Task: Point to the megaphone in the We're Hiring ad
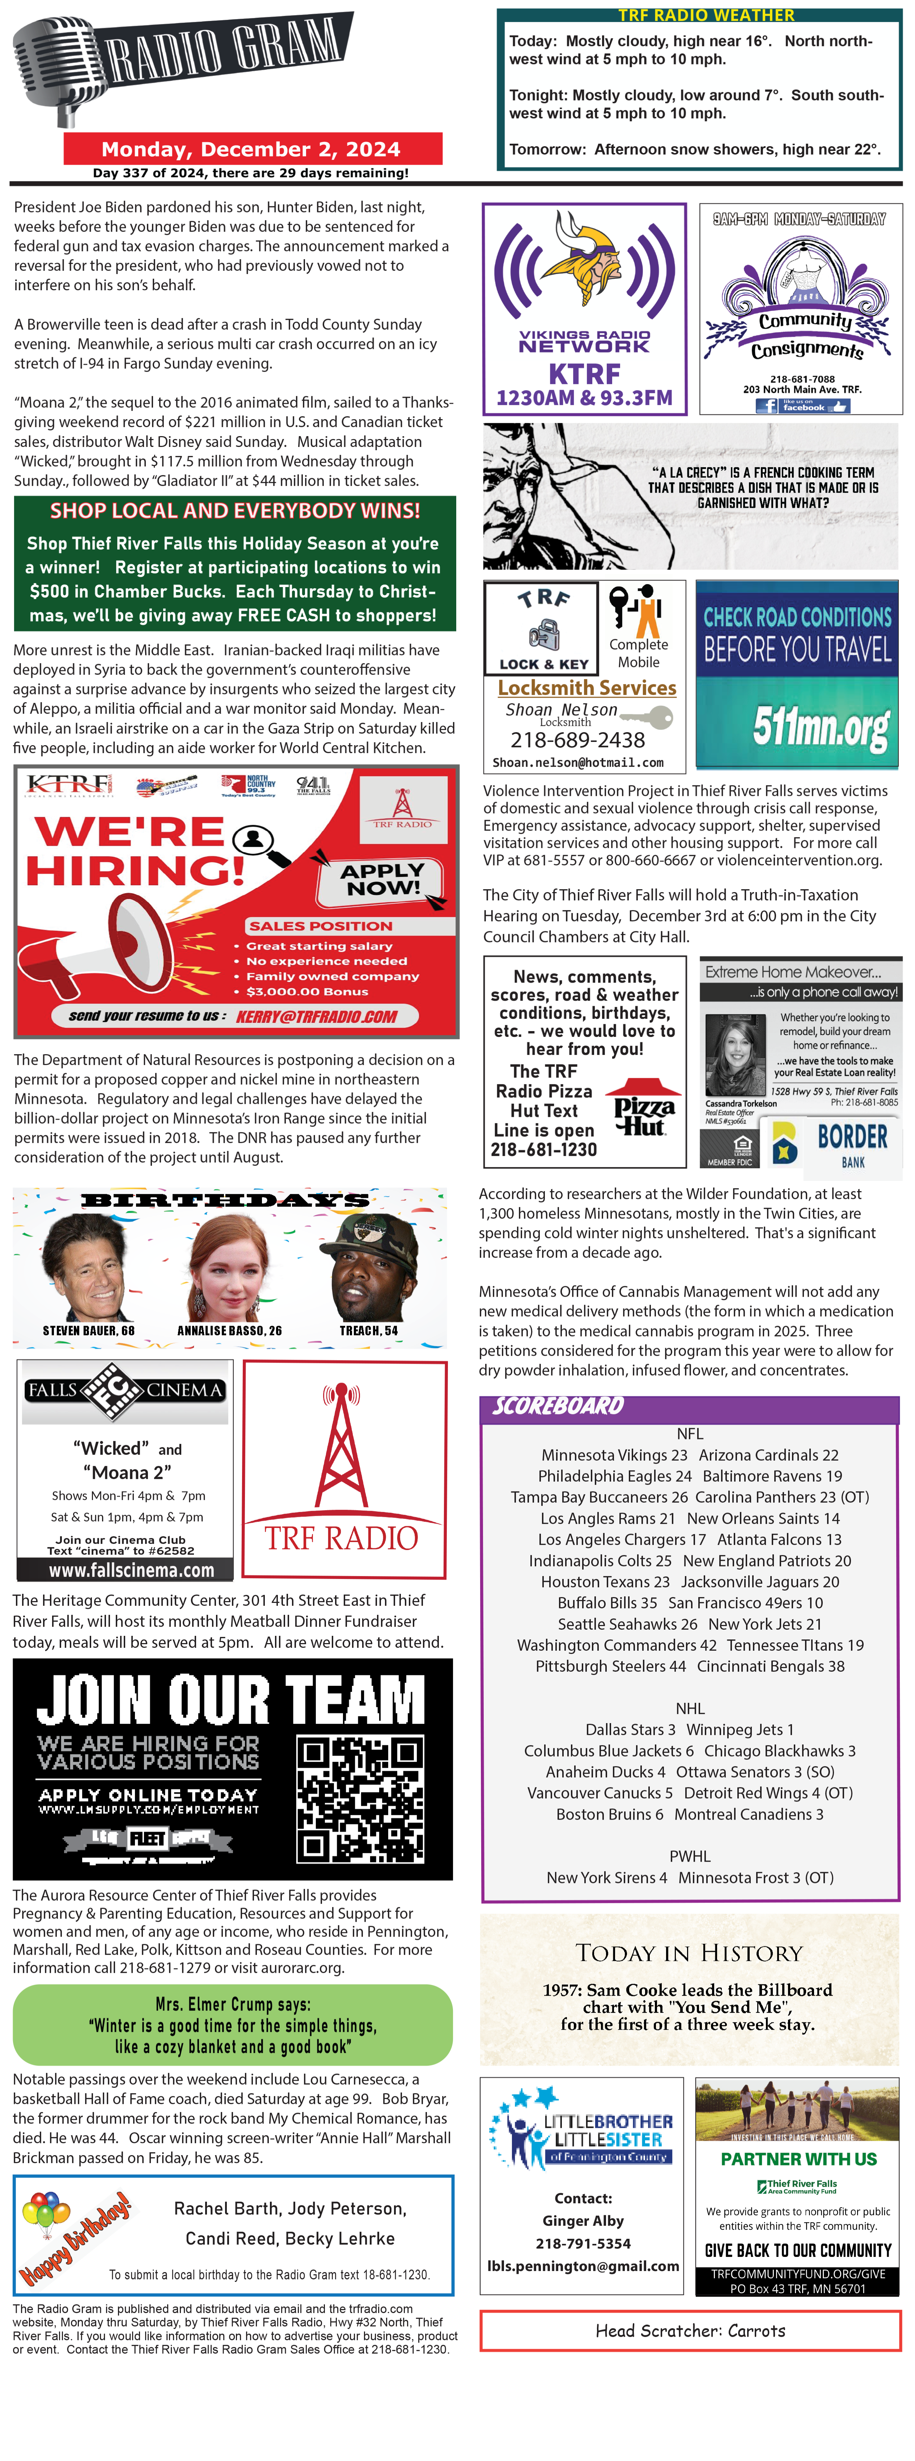tap(105, 946)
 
